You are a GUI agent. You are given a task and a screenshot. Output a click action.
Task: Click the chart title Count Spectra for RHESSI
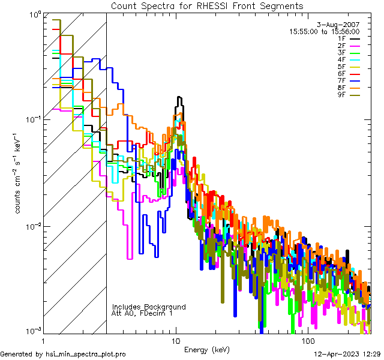207,6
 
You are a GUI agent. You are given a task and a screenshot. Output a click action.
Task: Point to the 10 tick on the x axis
176,340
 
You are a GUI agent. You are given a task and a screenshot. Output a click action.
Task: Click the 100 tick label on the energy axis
307,340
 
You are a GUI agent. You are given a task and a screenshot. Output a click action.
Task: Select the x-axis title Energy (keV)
207,350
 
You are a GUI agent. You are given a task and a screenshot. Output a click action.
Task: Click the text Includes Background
149,307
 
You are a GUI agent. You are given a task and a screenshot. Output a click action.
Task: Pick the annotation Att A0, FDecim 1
142,314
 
